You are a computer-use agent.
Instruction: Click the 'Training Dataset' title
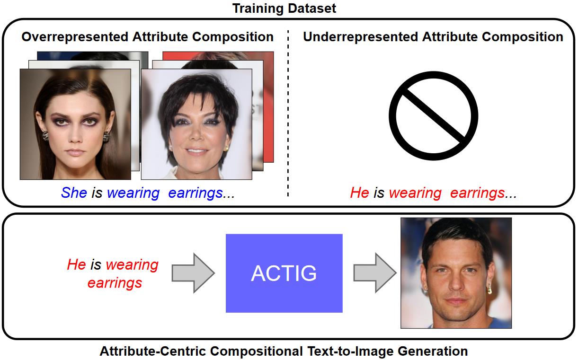click(x=284, y=8)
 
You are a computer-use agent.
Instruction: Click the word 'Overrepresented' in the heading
click(x=75, y=36)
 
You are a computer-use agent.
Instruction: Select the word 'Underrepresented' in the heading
click(x=360, y=36)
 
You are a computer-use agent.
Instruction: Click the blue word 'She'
click(x=74, y=193)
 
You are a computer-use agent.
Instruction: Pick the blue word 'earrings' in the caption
click(x=196, y=193)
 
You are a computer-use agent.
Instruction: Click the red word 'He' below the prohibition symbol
click(x=359, y=193)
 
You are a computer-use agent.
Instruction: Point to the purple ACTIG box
click(x=284, y=273)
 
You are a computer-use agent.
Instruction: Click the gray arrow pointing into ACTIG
click(x=193, y=273)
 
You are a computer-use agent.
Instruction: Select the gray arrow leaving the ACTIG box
click(x=375, y=273)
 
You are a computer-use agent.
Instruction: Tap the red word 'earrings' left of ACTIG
click(x=115, y=283)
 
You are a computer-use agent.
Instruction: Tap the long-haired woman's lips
click(x=75, y=152)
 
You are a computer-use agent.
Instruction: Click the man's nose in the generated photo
click(x=456, y=284)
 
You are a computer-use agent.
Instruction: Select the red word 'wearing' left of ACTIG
click(x=132, y=265)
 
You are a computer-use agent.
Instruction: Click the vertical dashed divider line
click(x=288, y=114)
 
